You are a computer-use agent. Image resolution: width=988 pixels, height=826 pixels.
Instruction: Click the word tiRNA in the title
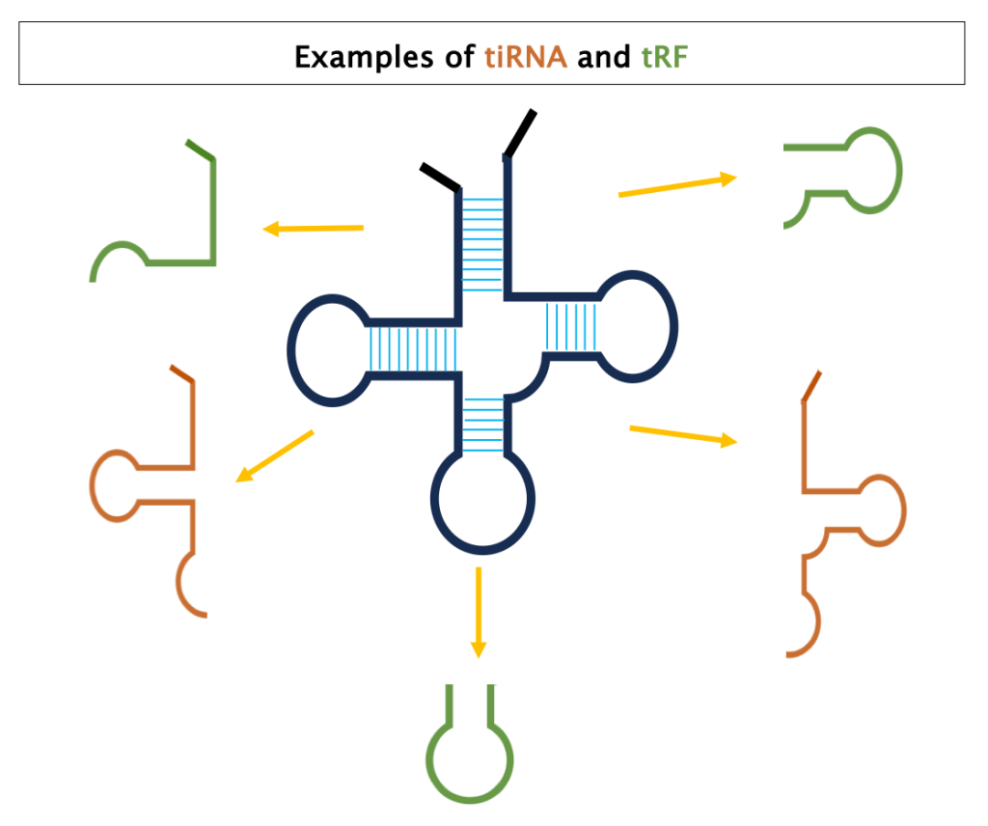click(525, 58)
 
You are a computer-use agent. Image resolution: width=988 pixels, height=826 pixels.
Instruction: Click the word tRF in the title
click(665, 58)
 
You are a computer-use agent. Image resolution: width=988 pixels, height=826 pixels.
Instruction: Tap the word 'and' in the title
click(603, 58)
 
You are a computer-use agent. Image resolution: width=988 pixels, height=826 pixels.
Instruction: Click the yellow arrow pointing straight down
click(478, 612)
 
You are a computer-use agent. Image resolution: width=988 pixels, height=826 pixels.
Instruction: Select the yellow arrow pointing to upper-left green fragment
click(314, 229)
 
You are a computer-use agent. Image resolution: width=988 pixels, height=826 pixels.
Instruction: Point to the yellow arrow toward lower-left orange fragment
click(275, 455)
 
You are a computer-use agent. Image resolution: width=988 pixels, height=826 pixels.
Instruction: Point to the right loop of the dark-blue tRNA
click(637, 323)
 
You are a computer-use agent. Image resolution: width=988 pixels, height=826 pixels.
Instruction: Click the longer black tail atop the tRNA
click(519, 132)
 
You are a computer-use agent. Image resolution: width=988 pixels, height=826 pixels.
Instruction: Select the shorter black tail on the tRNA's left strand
click(439, 177)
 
